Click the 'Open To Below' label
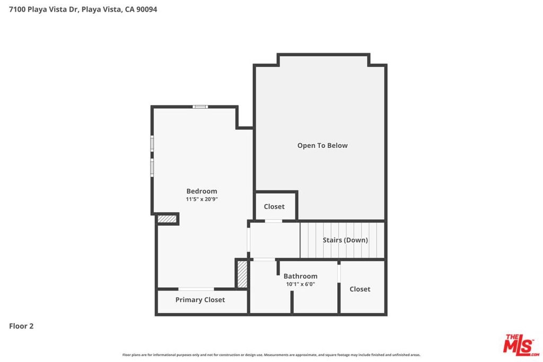point(322,146)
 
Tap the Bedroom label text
point(202,191)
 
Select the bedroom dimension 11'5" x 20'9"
point(202,199)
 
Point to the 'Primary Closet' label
point(200,299)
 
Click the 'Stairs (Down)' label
point(345,240)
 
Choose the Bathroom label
point(300,276)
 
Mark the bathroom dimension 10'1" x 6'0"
point(300,284)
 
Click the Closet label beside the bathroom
point(360,289)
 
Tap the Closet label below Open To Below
point(274,207)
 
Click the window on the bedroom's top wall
point(200,107)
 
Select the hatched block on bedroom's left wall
point(167,219)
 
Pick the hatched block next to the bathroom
point(242,274)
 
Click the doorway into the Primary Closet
point(196,289)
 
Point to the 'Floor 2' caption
point(21,326)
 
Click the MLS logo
point(521,345)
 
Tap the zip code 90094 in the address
point(146,10)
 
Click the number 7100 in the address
point(17,10)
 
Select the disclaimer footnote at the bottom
point(271,355)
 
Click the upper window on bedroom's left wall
point(152,143)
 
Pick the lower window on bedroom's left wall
point(152,167)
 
